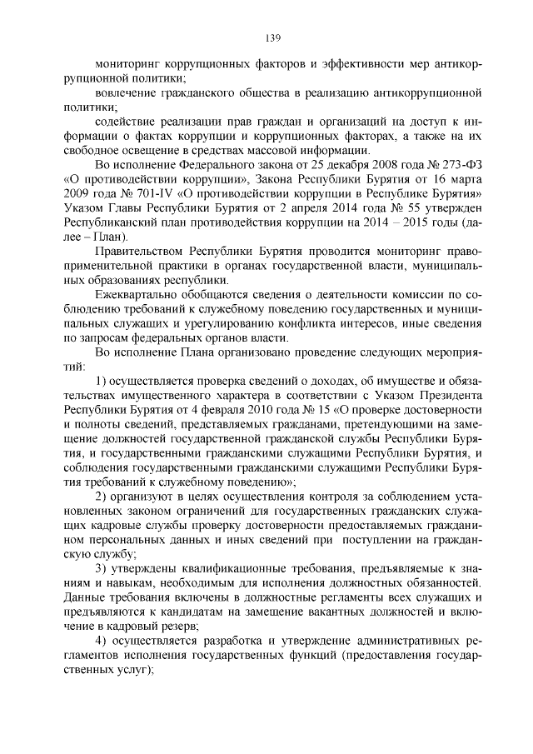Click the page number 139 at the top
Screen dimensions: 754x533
pos(272,37)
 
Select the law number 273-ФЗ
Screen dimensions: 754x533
pos(461,162)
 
